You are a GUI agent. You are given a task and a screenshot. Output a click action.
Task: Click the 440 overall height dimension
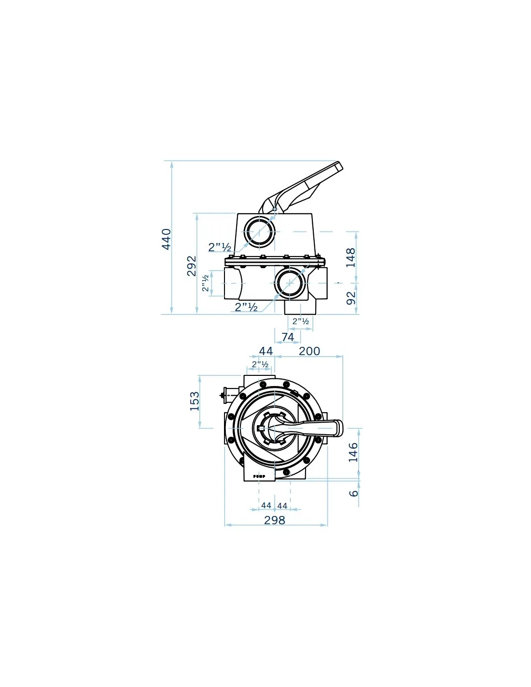click(166, 239)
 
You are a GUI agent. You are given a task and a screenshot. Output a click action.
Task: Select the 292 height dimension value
click(192, 266)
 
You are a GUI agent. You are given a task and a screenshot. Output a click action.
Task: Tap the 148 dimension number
click(350, 258)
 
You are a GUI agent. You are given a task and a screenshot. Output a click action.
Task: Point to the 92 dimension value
click(351, 298)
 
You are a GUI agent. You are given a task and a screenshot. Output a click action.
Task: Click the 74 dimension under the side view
click(288, 337)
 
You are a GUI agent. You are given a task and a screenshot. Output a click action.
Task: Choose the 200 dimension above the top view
click(309, 351)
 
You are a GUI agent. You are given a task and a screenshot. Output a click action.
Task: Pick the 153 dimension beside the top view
click(195, 401)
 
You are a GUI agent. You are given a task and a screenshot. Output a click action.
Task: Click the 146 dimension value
click(353, 452)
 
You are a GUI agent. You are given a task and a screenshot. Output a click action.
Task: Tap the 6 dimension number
click(354, 493)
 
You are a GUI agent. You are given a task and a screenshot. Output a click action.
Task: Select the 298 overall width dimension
click(275, 520)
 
